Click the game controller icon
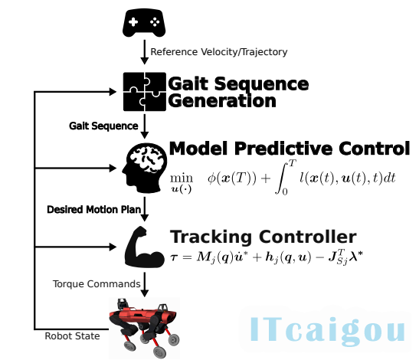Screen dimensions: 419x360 tap(144, 23)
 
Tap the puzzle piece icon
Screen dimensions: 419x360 tap(145, 92)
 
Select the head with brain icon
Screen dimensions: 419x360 tap(145, 168)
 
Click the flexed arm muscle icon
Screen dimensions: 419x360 tap(145, 247)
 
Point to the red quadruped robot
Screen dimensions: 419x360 tap(144, 327)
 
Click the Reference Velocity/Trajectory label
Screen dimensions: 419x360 tap(219, 52)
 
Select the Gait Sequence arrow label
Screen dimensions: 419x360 tap(103, 126)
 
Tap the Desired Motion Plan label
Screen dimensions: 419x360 tap(93, 210)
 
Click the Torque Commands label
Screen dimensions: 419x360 tap(97, 284)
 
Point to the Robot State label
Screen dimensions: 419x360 tap(72, 336)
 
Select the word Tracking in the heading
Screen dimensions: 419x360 tap(211, 237)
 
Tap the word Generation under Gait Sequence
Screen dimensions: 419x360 tap(222, 101)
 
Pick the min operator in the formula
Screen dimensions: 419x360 tap(182, 178)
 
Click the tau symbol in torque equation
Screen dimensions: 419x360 tap(174, 257)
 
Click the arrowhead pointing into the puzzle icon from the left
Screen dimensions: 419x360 tap(113, 92)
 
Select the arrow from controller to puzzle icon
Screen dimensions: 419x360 tap(145, 52)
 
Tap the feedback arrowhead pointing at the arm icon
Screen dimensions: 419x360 tap(113, 247)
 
